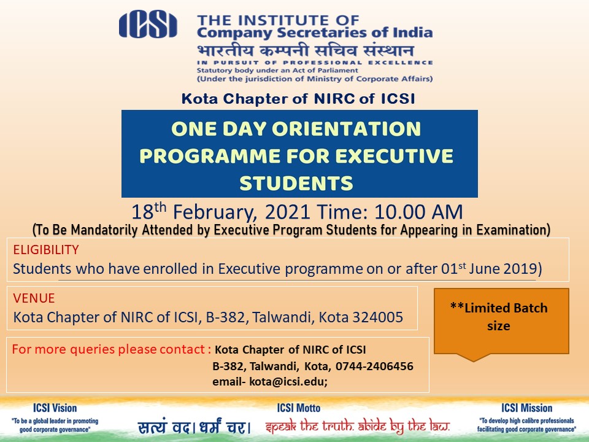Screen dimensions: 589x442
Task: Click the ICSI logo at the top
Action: (148, 25)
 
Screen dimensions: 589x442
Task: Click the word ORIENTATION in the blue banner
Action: (346, 129)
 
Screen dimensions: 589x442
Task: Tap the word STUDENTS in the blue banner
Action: (296, 184)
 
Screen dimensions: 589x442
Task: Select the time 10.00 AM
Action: (418, 212)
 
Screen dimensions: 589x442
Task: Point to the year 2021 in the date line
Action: (287, 212)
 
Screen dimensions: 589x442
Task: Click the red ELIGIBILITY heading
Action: (46, 250)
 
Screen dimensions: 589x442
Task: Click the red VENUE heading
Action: (34, 298)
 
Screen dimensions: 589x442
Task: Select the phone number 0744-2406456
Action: (374, 366)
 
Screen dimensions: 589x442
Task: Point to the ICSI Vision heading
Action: (55, 408)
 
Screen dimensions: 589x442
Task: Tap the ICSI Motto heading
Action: (299, 408)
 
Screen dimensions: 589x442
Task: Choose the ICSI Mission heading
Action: (526, 408)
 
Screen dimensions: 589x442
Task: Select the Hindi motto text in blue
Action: (194, 427)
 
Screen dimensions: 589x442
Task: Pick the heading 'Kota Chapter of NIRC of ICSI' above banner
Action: (298, 98)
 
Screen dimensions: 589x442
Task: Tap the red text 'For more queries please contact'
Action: (108, 349)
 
